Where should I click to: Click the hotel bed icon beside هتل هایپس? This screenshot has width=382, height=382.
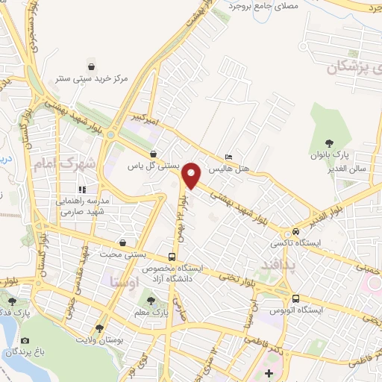[x=228, y=157]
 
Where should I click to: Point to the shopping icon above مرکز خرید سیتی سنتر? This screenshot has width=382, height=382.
[x=92, y=64]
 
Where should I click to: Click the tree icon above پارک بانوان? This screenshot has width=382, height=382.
[x=329, y=143]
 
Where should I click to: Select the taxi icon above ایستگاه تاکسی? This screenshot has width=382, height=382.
[x=296, y=231]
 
